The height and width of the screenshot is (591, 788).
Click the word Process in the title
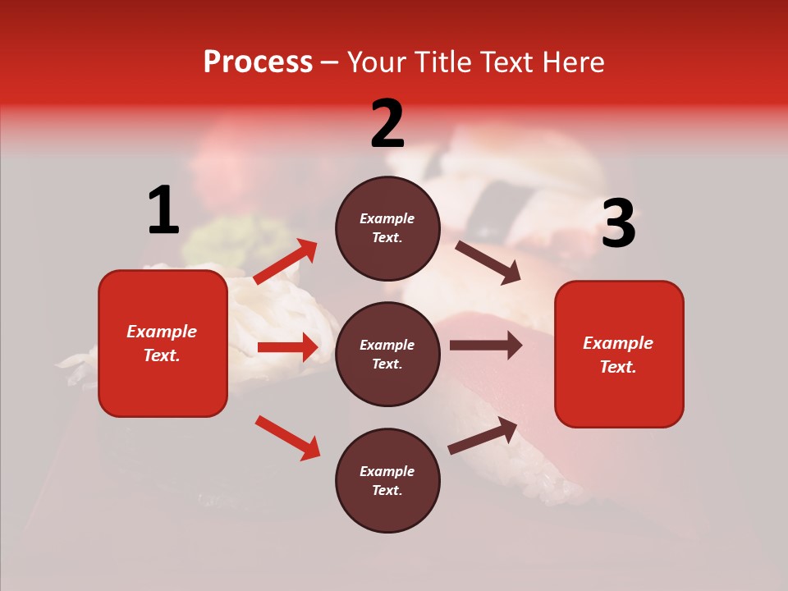258,62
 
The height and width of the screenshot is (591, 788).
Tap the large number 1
163,210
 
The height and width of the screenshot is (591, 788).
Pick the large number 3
618,224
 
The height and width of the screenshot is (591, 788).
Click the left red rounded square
163,343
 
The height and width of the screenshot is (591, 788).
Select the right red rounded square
619,355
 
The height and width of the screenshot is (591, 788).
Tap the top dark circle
387,228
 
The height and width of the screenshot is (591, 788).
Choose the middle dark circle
387,355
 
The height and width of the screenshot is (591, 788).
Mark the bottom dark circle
387,481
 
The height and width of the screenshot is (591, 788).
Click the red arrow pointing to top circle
286,262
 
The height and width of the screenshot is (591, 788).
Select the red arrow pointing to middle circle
287,347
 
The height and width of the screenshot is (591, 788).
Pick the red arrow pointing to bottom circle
287,438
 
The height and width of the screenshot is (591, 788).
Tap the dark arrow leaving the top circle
488,262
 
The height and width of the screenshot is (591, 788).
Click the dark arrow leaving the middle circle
486,346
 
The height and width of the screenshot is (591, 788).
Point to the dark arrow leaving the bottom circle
483,436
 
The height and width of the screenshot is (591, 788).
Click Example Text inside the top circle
387,228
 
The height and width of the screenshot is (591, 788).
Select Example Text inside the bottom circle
387,481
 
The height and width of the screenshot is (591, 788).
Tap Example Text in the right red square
618,355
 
